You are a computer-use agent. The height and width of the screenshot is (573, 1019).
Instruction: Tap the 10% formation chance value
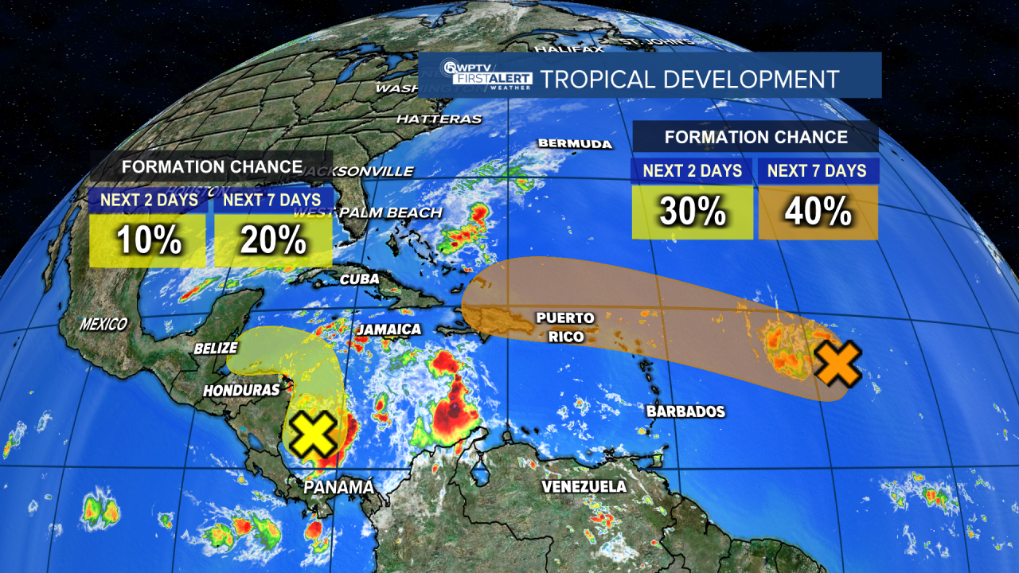pyautogui.click(x=147, y=240)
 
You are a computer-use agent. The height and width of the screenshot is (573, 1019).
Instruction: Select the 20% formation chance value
pyautogui.click(x=272, y=240)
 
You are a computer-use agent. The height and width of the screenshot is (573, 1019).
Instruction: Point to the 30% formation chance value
pyautogui.click(x=692, y=212)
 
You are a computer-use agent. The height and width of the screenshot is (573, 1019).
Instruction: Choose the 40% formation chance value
pyautogui.click(x=818, y=212)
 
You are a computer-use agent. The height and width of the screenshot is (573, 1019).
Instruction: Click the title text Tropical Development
pyautogui.click(x=689, y=80)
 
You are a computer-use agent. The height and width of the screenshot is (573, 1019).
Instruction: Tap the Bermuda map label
pyautogui.click(x=575, y=144)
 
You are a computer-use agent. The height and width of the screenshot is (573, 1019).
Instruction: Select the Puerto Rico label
pyautogui.click(x=564, y=327)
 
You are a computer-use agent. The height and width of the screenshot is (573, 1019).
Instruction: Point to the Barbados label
pyautogui.click(x=685, y=411)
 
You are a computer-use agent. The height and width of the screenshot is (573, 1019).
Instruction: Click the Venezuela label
pyautogui.click(x=584, y=486)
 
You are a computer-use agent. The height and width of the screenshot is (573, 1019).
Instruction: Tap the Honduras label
pyautogui.click(x=241, y=390)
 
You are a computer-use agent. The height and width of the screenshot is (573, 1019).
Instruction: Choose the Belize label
pyautogui.click(x=216, y=348)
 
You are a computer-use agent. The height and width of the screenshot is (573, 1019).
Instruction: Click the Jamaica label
pyautogui.click(x=388, y=329)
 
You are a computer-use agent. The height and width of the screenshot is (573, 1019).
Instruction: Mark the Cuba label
pyautogui.click(x=359, y=279)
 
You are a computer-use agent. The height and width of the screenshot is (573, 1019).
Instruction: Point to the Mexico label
pyautogui.click(x=103, y=324)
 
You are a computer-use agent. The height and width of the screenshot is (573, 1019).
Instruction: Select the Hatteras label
pyautogui.click(x=439, y=119)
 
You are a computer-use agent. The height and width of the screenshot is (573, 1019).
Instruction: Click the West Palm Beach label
pyautogui.click(x=368, y=212)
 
